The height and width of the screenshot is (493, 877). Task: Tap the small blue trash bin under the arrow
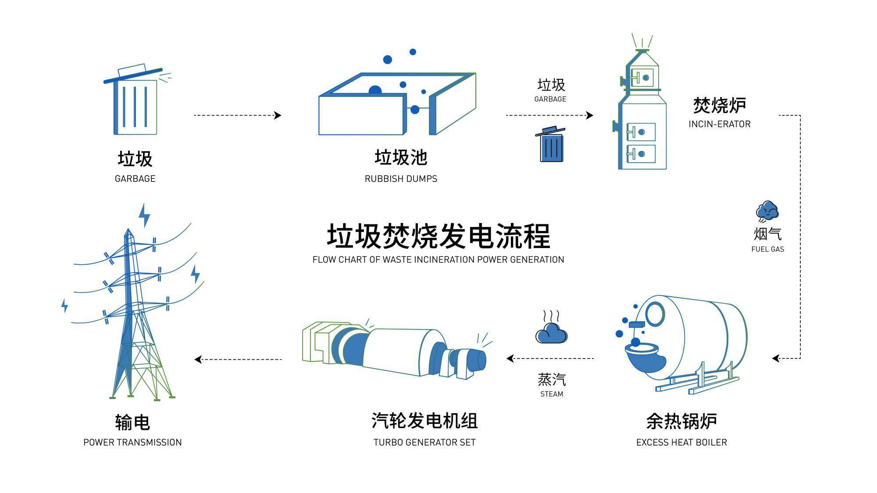[551, 145]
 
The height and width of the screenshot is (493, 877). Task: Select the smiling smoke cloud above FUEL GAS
[767, 211]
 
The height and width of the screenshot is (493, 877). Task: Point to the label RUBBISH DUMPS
[401, 179]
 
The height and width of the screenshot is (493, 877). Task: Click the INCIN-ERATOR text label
[719, 124]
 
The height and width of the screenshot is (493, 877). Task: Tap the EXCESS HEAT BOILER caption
[681, 442]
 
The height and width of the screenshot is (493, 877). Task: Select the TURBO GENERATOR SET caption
[424, 442]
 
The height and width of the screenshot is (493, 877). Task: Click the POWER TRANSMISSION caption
[132, 442]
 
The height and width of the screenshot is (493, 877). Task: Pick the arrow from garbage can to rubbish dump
[237, 115]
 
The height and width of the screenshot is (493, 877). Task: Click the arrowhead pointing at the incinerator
[590, 115]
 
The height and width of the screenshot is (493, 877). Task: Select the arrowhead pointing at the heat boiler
[776, 358]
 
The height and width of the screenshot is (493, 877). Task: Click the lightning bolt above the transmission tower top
[144, 215]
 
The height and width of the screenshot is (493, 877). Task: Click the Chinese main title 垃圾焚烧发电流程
[438, 236]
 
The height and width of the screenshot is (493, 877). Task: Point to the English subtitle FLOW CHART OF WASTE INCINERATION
[438, 259]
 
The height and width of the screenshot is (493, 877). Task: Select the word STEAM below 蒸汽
[552, 394]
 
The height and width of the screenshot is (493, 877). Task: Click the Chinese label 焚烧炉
[719, 106]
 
